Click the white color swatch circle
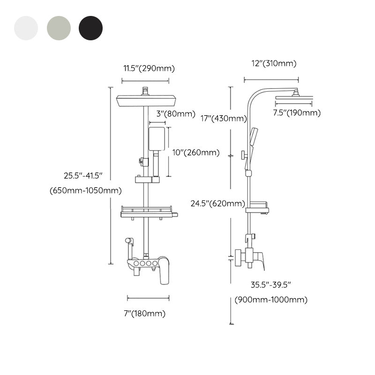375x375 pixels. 26,28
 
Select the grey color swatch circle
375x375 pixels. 58,28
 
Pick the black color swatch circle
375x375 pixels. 90,28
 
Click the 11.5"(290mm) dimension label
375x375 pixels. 149,68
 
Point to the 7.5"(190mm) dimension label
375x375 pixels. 297,112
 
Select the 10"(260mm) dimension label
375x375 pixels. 195,152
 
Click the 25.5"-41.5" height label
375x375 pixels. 83,176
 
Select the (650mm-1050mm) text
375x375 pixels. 85,190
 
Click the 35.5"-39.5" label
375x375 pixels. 271,285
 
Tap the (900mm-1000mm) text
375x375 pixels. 271,300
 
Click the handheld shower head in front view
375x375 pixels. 157,138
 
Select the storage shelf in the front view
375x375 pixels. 149,212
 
